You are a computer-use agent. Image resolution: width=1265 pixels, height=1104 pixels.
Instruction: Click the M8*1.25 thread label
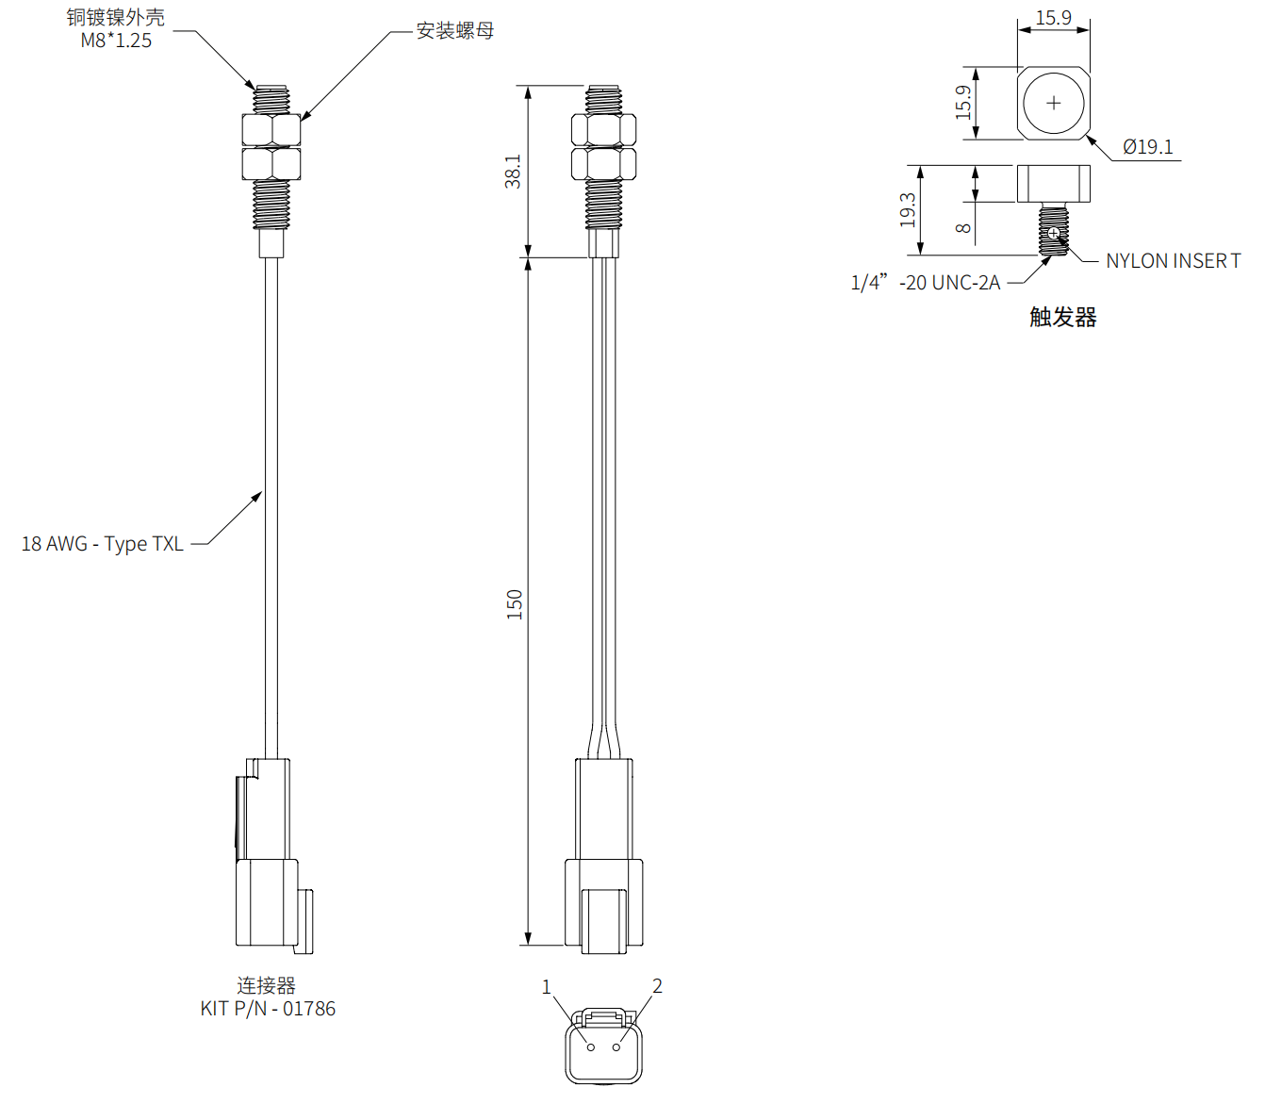[116, 41]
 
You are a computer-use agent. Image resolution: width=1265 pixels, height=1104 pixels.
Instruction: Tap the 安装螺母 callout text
[455, 31]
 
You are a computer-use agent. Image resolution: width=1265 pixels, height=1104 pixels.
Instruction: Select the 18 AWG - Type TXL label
[102, 544]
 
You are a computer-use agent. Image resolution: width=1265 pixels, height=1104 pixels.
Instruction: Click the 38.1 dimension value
[513, 172]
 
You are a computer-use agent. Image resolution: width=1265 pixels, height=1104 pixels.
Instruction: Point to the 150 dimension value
[515, 604]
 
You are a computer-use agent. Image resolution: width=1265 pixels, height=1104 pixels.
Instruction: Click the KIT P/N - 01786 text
[268, 1009]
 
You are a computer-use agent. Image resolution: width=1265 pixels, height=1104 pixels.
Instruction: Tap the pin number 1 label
[546, 987]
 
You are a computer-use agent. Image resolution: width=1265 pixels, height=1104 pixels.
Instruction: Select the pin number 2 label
[657, 986]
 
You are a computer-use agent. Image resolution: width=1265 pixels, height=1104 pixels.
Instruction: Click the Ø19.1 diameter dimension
[1147, 147]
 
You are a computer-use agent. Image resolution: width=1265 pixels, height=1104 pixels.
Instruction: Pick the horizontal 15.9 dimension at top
[1053, 18]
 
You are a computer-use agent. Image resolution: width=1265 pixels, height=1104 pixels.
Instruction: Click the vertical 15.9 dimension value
[962, 102]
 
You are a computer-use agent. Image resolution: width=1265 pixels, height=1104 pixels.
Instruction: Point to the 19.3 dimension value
[907, 210]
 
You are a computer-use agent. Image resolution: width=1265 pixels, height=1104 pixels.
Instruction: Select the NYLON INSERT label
[1173, 261]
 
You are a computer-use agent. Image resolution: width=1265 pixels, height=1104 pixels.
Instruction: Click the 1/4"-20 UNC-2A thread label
[925, 283]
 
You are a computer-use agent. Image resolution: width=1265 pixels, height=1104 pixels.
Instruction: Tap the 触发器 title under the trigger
[1062, 318]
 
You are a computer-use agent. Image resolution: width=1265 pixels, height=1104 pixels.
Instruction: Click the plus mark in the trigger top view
[1054, 103]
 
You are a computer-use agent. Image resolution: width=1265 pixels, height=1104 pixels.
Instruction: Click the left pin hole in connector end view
[591, 1047]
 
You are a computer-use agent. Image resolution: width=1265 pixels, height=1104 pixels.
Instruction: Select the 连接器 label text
[267, 986]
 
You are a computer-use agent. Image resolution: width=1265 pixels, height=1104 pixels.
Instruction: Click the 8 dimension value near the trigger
[962, 228]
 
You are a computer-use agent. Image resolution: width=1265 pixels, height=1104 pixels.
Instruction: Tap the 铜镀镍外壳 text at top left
[115, 17]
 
